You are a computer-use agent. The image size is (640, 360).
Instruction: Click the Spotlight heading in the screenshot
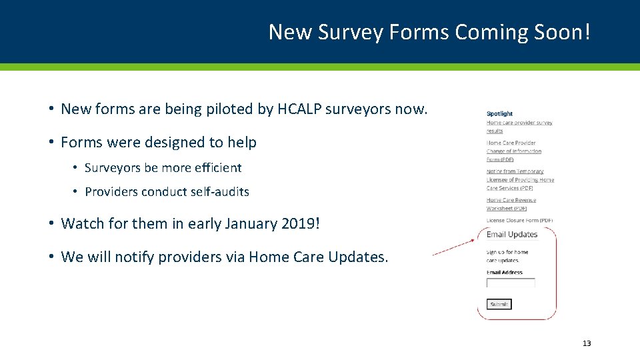tap(499, 114)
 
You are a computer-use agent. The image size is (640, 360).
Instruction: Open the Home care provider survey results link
tap(519, 126)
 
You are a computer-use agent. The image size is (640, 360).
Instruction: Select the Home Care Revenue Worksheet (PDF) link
tap(511, 204)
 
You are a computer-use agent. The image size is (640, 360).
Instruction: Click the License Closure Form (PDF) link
tap(519, 220)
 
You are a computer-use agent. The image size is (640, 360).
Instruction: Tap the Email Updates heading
tap(512, 234)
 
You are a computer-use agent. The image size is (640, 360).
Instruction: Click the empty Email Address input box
tap(511, 283)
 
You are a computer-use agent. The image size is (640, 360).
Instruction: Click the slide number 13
tap(587, 343)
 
